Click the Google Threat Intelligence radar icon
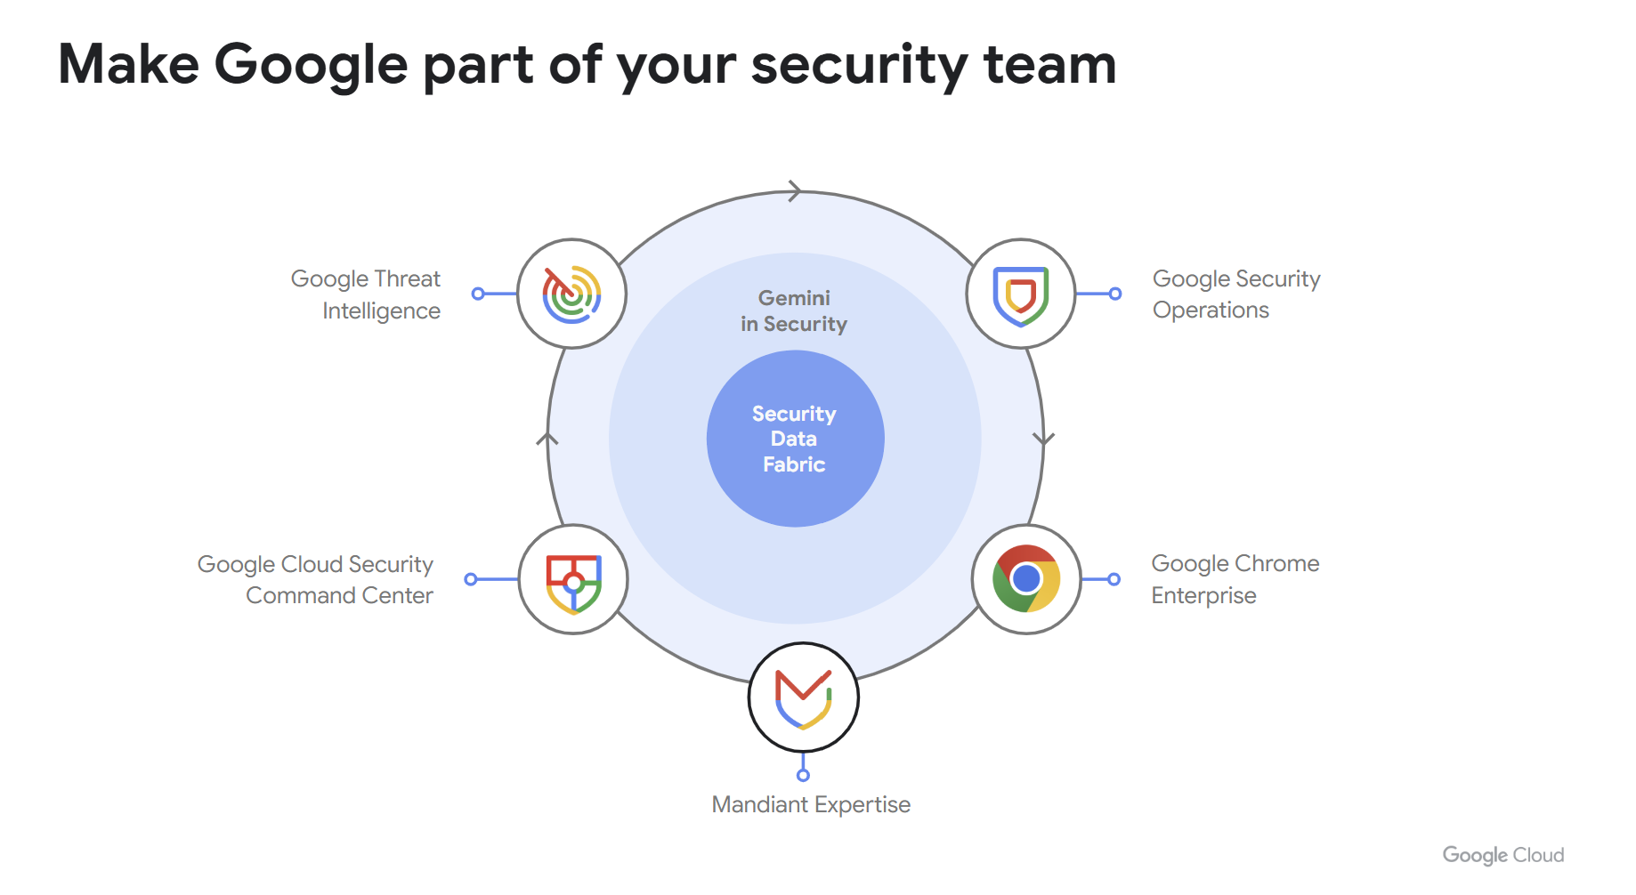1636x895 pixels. (571, 294)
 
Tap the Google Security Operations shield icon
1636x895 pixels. (1021, 294)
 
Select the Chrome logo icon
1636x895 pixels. (1026, 579)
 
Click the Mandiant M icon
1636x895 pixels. (803, 697)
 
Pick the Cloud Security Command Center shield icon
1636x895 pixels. (573, 580)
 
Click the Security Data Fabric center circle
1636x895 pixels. (794, 439)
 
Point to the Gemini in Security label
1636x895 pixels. (794, 310)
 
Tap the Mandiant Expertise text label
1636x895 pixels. (811, 804)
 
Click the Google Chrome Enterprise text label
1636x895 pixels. (1235, 579)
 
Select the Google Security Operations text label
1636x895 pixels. (1235, 294)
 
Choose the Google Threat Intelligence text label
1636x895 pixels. (366, 294)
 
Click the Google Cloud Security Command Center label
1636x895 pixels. (316, 579)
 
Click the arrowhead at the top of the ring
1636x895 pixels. (794, 190)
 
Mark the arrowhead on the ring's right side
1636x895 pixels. (1043, 439)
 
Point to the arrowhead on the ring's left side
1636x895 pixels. (547, 439)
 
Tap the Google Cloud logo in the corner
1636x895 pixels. (1502, 855)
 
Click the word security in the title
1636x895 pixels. (859, 65)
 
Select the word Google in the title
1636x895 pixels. (311, 65)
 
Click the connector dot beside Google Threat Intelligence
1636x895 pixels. (478, 294)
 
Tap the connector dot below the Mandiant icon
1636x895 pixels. (803, 776)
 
